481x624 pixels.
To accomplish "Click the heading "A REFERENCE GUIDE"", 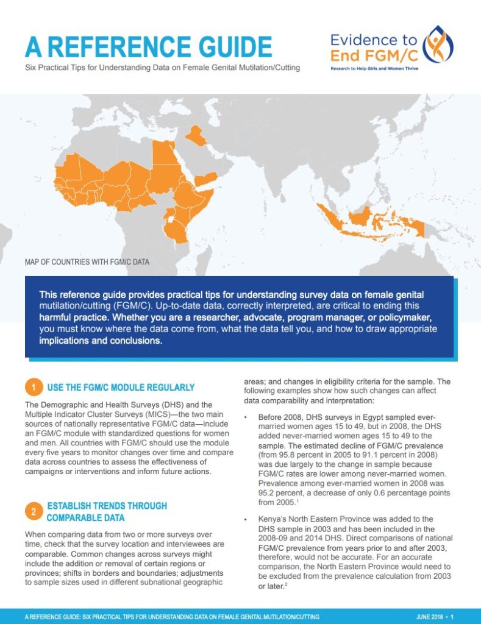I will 148,48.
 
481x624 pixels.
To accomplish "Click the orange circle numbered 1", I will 34,388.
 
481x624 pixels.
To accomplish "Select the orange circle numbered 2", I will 34,511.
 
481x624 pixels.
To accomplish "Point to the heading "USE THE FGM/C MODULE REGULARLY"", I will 121,388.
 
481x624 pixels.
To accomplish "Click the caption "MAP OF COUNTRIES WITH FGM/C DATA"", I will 87,263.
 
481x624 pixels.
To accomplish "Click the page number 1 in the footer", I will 452,617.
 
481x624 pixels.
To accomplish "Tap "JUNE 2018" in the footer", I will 428,617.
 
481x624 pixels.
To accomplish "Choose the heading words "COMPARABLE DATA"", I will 86,518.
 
